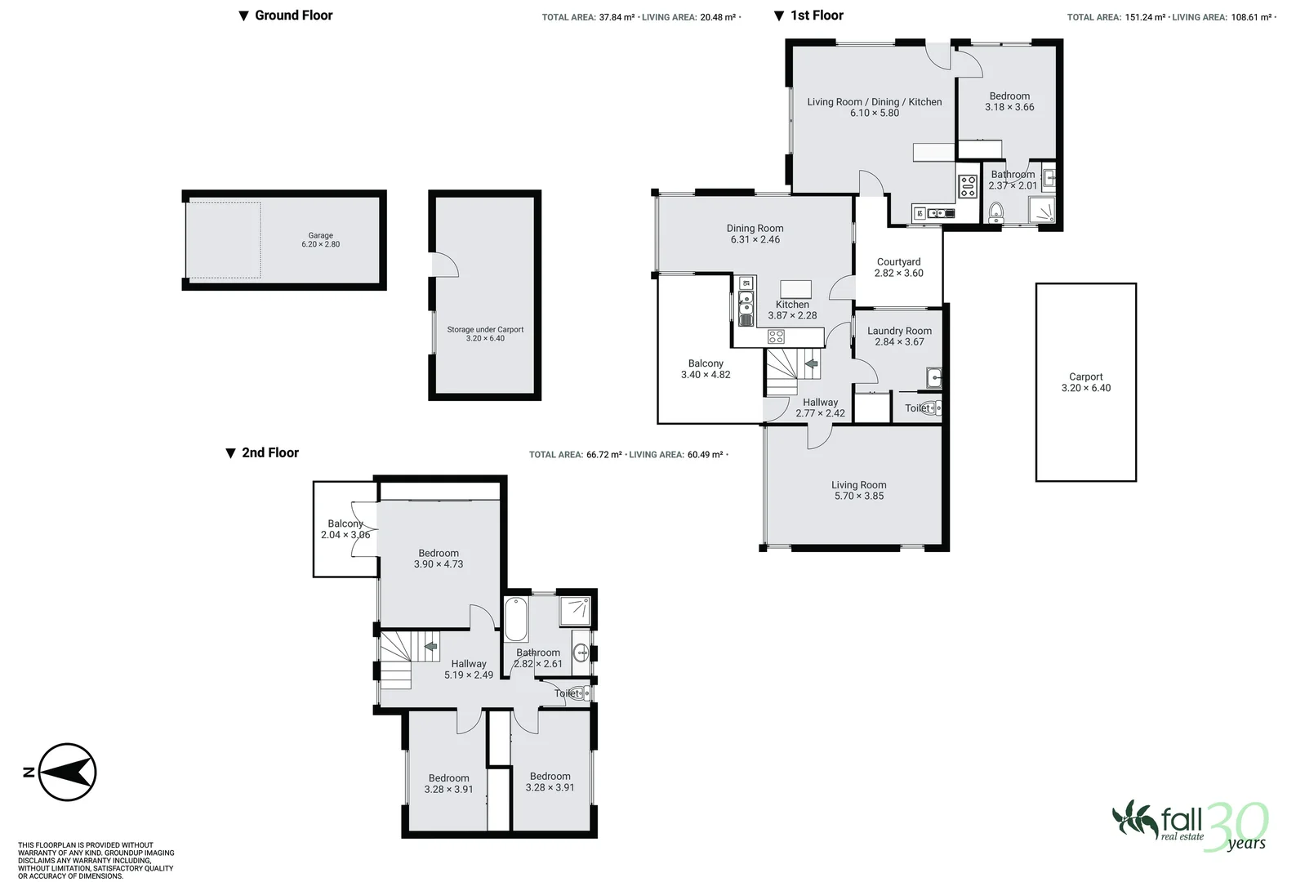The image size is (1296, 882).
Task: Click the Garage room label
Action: tap(320, 239)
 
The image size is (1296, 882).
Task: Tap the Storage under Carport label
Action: tap(485, 333)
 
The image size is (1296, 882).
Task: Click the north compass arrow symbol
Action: tap(68, 772)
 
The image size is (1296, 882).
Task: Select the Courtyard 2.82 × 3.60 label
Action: tap(898, 268)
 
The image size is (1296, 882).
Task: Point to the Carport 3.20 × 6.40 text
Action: tap(1085, 382)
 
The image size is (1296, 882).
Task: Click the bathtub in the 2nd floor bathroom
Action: tap(515, 620)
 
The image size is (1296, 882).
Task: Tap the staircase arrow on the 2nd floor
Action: tap(430, 647)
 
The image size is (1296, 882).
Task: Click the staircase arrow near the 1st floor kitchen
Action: tap(811, 364)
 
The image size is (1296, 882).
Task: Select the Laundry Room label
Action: tap(899, 336)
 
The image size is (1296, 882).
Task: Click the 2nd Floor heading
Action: tap(269, 452)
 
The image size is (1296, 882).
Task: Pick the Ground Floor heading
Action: tap(293, 15)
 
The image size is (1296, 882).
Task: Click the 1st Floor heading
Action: tap(816, 15)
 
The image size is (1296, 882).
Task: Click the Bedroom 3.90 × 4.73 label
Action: tap(439, 559)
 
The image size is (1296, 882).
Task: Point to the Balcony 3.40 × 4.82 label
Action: tap(706, 369)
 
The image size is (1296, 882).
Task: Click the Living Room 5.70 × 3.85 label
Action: tap(858, 490)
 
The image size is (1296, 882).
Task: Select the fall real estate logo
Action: tap(1189, 824)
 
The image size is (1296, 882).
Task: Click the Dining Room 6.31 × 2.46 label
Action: tap(755, 234)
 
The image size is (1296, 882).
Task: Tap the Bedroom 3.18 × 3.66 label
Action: tap(1009, 101)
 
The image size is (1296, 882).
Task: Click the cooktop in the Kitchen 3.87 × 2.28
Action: tap(776, 335)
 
